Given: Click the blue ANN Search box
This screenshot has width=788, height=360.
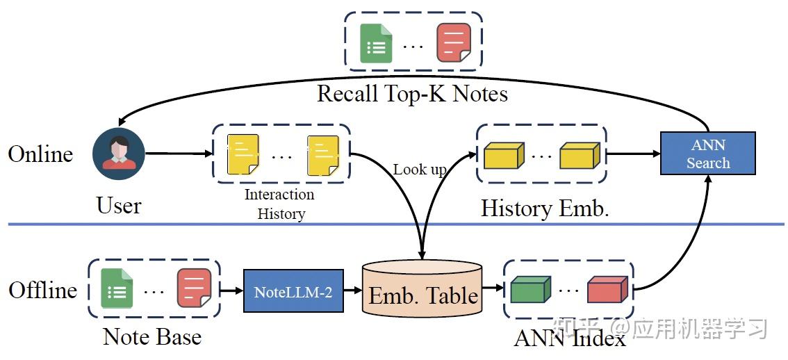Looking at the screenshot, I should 708,154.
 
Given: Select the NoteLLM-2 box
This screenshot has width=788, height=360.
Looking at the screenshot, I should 293,291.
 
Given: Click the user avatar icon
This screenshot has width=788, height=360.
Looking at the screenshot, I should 119,154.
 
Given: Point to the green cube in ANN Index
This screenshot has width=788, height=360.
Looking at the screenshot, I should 530,289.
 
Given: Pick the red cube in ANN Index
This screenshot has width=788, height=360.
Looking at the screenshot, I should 607,289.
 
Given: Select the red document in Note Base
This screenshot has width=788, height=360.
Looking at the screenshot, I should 194,288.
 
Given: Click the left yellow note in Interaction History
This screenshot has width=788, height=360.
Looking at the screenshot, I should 243,154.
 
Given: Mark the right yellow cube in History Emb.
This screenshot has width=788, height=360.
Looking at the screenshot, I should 579,156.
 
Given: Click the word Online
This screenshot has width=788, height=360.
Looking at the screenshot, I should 40,154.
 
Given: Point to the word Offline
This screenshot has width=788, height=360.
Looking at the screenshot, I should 42,289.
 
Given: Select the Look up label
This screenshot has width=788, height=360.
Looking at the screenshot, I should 420,170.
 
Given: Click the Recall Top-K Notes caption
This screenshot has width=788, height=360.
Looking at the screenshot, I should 412,94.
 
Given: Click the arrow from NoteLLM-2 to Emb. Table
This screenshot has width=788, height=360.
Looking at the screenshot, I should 353,291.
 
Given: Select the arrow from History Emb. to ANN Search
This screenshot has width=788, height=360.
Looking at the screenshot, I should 633,154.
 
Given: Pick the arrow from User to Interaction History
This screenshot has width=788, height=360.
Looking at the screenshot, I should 178,154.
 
